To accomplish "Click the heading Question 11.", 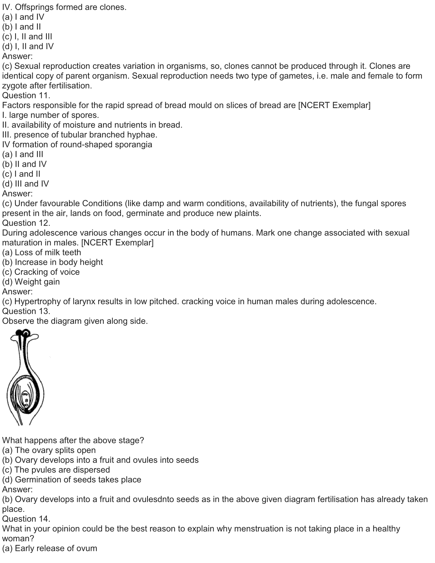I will [26, 96].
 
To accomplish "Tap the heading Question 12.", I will [26, 223].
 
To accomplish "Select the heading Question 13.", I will [26, 311].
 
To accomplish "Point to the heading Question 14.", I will [26, 519].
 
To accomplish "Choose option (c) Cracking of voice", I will [41, 272].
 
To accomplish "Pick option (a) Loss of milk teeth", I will [41, 252].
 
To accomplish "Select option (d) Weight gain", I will [31, 282].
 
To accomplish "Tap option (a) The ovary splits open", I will [49, 450].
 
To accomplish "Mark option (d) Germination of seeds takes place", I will [72, 480].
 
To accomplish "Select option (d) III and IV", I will [26, 184].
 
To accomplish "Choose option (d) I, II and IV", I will [28, 47].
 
